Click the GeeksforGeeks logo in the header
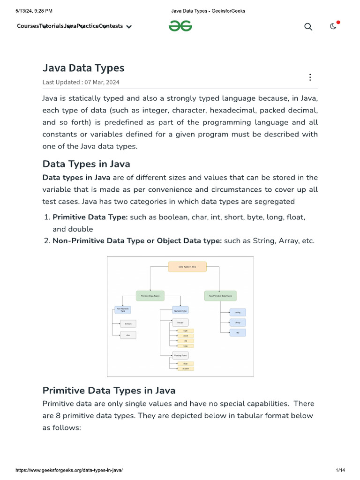click(x=180, y=26)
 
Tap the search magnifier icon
click(x=308, y=27)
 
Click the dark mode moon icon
click(x=333, y=26)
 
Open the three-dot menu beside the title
click(x=310, y=77)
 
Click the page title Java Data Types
click(x=83, y=68)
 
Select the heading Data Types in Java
click(x=86, y=164)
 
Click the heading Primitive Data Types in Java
click(x=109, y=390)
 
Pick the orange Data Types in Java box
click(x=187, y=267)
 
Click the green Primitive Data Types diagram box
click(x=150, y=296)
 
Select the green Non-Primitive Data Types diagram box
click(x=220, y=296)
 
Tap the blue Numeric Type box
click(x=180, y=310)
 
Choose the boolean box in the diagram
click(x=128, y=323)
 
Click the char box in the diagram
click(x=128, y=335)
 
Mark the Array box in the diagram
click(x=238, y=322)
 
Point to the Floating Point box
click(x=180, y=356)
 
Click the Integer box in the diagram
click(x=180, y=322)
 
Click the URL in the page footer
click(x=69, y=470)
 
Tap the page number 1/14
click(x=340, y=470)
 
